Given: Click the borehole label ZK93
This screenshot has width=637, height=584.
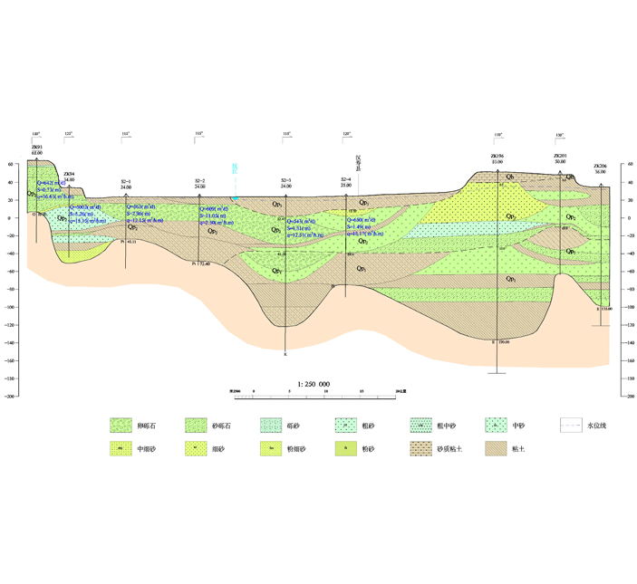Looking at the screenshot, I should [36, 146].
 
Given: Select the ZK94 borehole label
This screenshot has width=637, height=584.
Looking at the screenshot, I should [69, 174].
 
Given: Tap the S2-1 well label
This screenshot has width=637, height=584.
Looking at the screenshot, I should [126, 181].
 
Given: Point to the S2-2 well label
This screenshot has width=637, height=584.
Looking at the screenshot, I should [199, 181].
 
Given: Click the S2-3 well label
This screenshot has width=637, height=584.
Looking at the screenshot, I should [286, 181].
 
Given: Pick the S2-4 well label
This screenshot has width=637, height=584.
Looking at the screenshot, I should [345, 179].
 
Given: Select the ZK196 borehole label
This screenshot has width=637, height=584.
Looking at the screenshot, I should [497, 156].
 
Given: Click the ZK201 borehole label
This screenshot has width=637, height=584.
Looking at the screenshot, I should [560, 156].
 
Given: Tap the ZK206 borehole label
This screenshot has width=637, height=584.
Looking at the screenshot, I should [600, 167].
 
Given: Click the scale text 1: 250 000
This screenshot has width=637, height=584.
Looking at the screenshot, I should [314, 384].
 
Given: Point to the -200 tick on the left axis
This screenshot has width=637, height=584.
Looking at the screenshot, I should [11, 396].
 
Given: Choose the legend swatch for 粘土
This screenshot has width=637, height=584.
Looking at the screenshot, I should [495, 448].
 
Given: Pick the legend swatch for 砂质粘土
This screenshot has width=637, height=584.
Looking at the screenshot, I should [420, 448].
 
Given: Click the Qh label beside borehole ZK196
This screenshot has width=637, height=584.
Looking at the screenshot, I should [511, 176].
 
